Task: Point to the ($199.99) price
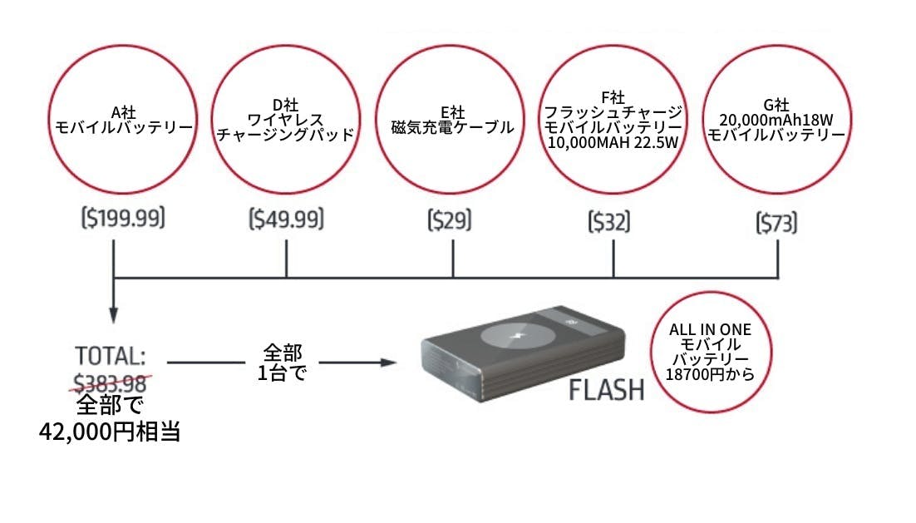tap(123, 220)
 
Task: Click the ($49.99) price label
tap(286, 220)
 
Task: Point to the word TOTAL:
tap(111, 356)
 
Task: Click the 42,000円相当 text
tap(110, 432)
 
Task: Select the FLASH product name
tap(607, 390)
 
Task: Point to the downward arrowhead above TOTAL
tap(113, 315)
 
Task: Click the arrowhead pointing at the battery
tap(386, 363)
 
